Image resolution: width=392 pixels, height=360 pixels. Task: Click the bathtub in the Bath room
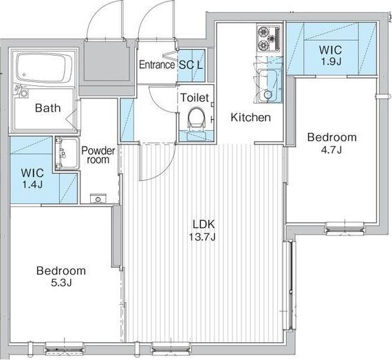45,68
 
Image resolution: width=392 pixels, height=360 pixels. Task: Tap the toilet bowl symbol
197,118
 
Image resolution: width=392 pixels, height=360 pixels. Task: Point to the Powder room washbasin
67,153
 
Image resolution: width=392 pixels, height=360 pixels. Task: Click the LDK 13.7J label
202,230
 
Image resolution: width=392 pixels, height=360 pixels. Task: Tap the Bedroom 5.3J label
61,277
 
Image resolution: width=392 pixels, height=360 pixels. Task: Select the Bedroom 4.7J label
331,143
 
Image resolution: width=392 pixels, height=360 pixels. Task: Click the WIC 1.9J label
331,56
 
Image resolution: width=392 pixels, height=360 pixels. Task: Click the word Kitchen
250,117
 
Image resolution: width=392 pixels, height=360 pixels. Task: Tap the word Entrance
157,65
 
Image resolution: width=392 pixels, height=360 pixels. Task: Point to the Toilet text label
195,98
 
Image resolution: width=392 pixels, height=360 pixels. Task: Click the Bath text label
47,108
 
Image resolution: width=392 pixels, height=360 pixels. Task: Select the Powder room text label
98,155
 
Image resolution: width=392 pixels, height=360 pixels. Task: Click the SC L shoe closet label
190,65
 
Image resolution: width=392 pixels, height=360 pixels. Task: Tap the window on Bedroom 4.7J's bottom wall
345,229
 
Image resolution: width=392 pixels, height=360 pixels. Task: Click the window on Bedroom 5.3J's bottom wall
65,348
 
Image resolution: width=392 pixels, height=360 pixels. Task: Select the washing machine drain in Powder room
98,199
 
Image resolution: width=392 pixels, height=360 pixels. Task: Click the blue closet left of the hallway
127,120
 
